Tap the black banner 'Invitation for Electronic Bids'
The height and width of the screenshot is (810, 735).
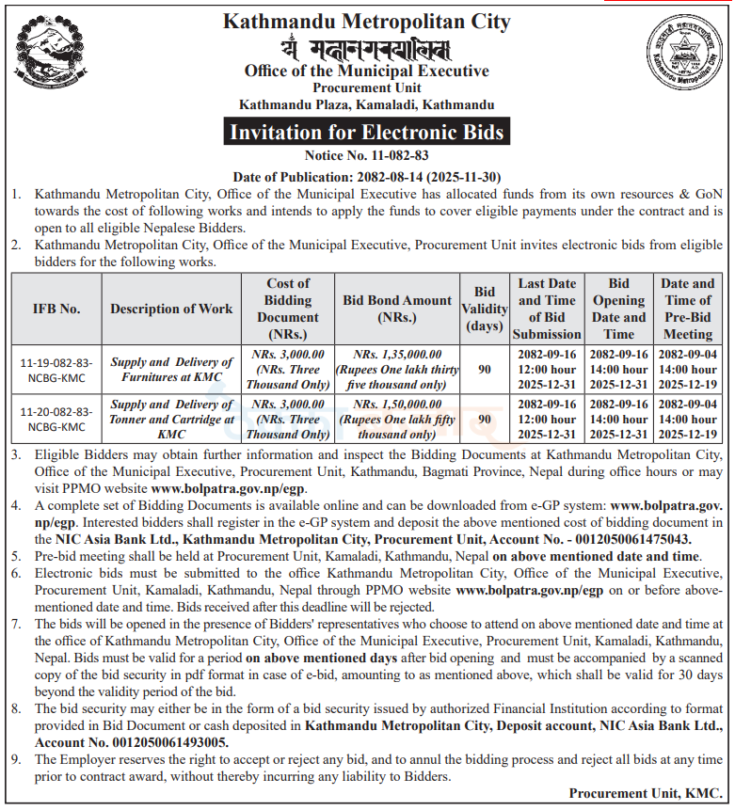(x=367, y=133)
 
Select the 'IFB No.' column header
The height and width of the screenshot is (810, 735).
(x=56, y=309)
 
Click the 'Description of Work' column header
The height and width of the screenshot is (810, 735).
(x=171, y=309)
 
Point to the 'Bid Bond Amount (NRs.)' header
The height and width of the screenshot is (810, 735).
(x=397, y=309)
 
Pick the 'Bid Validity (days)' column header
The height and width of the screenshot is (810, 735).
(x=484, y=309)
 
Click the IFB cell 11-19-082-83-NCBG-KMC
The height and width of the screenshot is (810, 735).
(x=56, y=370)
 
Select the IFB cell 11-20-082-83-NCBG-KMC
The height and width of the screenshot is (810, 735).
(x=56, y=420)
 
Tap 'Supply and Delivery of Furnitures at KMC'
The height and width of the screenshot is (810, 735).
(x=171, y=370)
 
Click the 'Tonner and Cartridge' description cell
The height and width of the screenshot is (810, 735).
(x=171, y=420)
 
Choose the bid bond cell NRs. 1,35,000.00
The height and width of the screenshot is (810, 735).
(x=397, y=370)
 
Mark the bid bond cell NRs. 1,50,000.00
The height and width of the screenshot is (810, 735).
(x=397, y=420)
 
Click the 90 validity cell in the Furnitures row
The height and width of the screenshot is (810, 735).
(x=484, y=370)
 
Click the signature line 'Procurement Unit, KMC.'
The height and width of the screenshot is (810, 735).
(x=646, y=793)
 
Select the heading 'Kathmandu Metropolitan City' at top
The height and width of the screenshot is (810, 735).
(x=367, y=22)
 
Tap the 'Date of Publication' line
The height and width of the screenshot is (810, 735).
(x=367, y=176)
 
